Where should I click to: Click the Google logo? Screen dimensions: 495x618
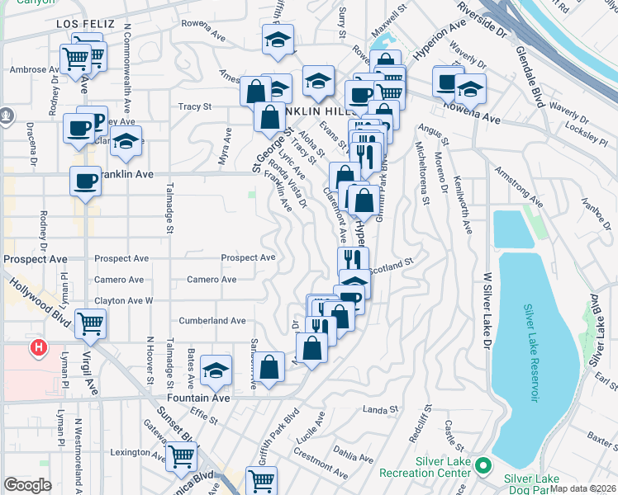pyautogui.click(x=27, y=485)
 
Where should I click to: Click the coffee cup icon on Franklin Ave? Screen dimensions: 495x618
pyautogui.click(x=84, y=181)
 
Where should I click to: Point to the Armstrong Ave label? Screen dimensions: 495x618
pyautogui.click(x=519, y=189)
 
